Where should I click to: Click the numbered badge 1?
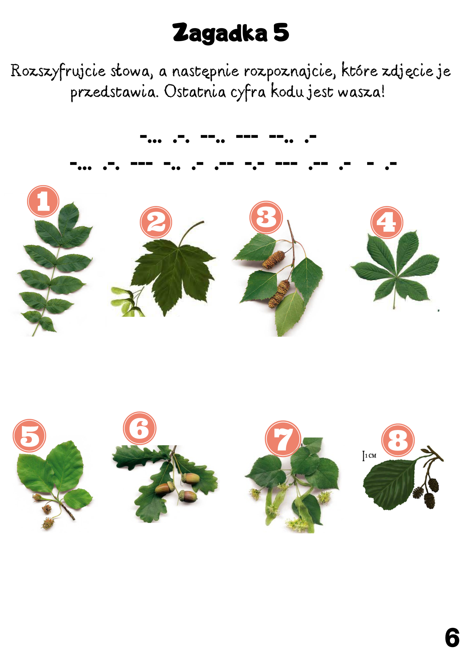(43, 201)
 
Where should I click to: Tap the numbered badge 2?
(156, 222)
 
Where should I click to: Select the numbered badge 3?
(266, 217)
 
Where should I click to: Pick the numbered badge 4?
(387, 222)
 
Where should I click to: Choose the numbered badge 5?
(29, 436)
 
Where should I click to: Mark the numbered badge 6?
(140, 428)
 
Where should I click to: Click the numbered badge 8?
(398, 440)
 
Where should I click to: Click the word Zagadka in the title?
(220, 33)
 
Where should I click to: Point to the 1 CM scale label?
(369, 456)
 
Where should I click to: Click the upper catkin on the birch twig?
(274, 260)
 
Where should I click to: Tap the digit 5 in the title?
(281, 33)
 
